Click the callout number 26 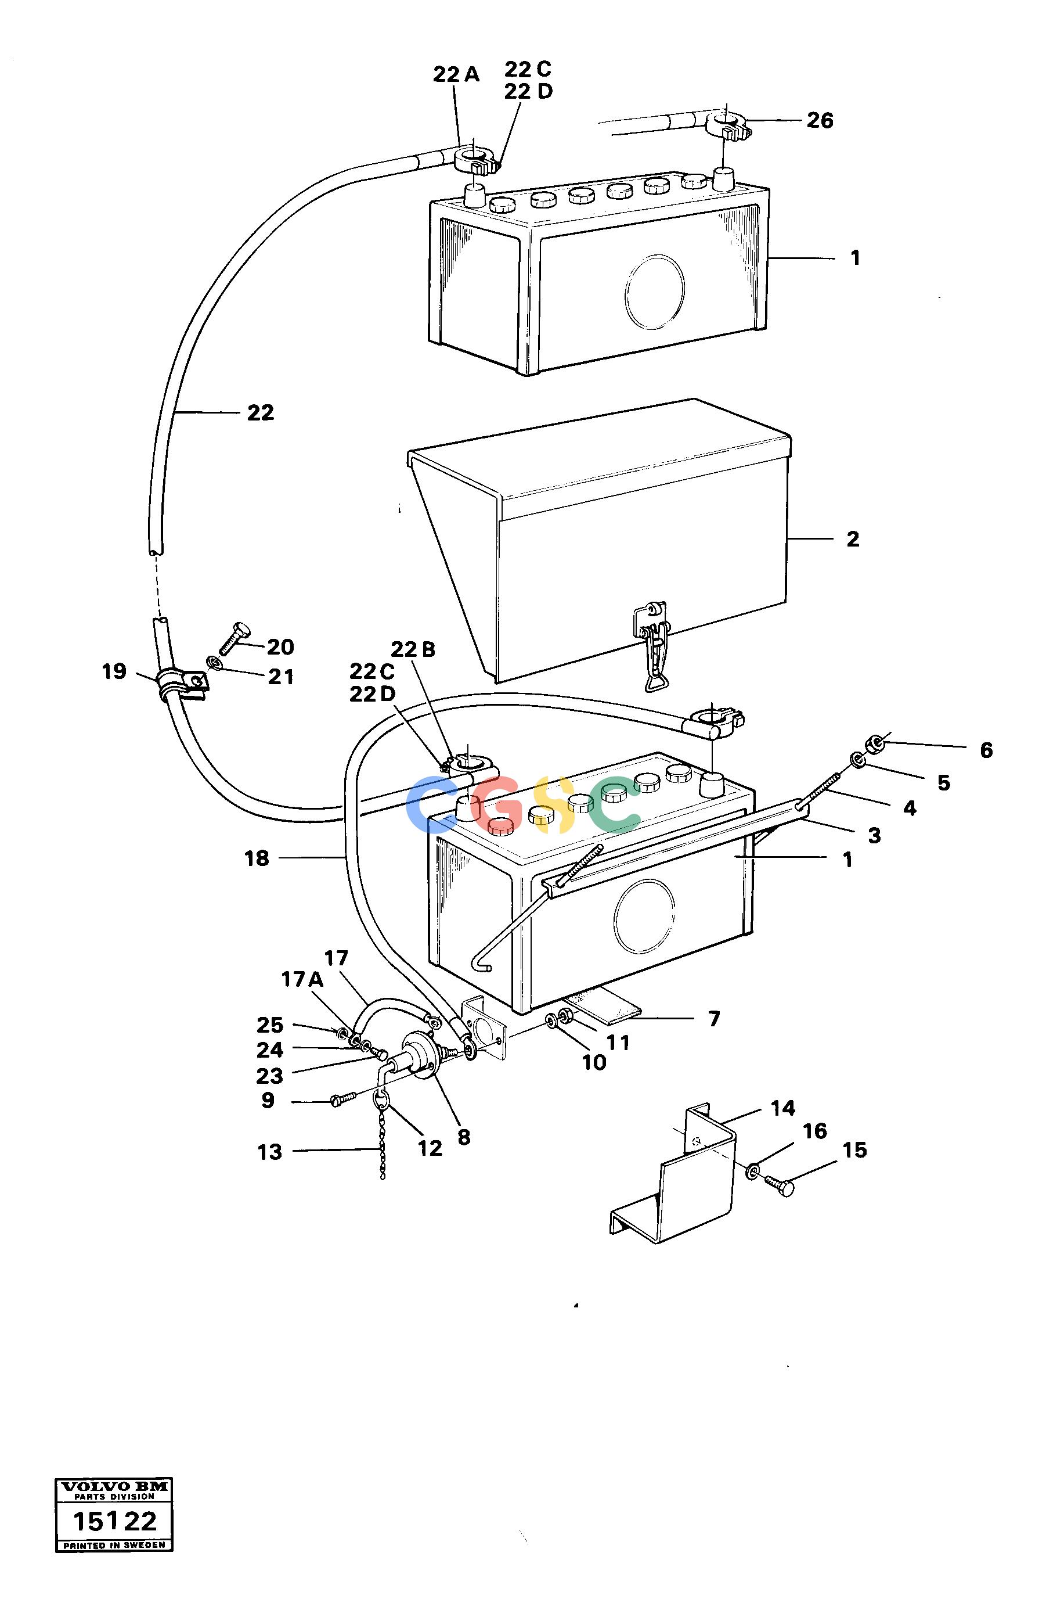tap(820, 120)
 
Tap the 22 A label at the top tap(456, 74)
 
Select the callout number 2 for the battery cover tap(853, 539)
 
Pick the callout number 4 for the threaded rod tap(910, 808)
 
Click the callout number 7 tap(714, 1019)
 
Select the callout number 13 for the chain tap(270, 1151)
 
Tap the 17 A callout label tap(302, 979)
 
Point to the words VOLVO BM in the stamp tap(114, 1486)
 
